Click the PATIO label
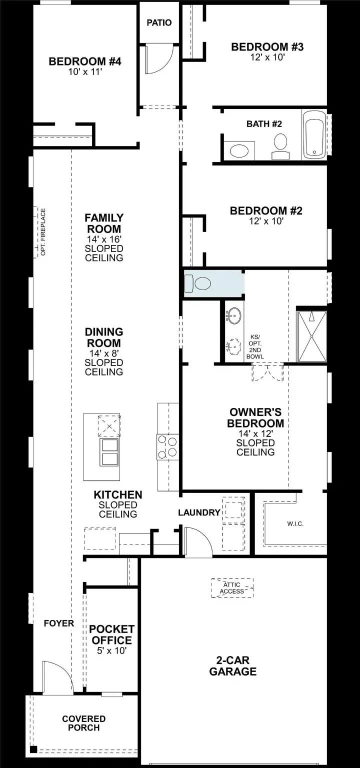point(159,23)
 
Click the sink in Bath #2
point(238,150)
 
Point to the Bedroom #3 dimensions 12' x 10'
point(267,57)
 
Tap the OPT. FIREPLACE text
point(43,232)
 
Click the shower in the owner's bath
point(312,336)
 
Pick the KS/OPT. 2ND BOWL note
point(255,347)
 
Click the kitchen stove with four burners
point(167,446)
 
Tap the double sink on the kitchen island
point(109,452)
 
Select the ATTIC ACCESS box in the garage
point(232,588)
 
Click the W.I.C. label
point(295,523)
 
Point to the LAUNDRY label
point(199,512)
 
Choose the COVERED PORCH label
point(84,723)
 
